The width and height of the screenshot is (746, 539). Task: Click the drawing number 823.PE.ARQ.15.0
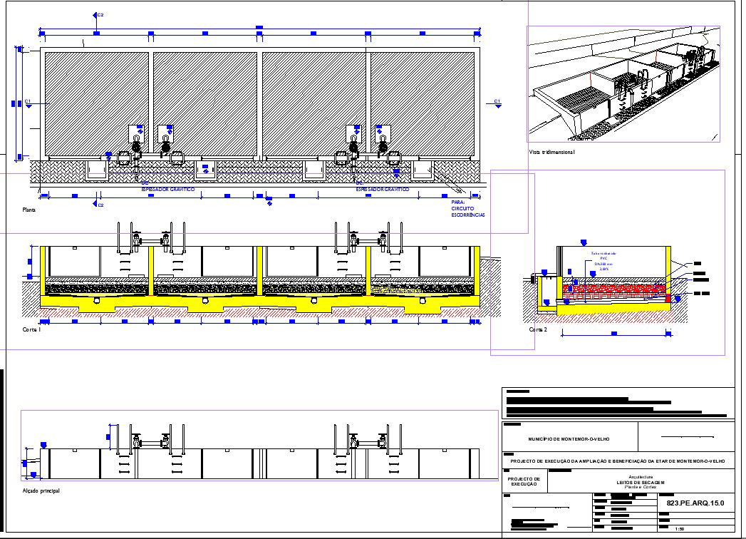(695, 503)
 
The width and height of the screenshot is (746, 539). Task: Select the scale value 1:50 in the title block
(680, 529)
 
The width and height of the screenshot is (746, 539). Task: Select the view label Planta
(29, 210)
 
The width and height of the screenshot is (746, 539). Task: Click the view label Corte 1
(31, 331)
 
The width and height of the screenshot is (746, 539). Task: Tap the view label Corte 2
(538, 331)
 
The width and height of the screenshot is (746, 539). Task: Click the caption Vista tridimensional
(551, 152)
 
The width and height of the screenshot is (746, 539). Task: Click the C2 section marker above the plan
(98, 14)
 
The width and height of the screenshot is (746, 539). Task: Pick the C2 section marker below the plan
(98, 205)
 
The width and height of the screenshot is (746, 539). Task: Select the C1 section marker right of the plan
(497, 102)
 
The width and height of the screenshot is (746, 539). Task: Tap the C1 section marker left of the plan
(27, 102)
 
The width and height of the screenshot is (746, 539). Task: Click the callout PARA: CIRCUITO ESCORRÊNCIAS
(467, 208)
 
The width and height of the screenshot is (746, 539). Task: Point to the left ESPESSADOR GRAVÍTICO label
(167, 190)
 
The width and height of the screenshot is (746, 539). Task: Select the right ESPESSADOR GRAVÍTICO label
(383, 190)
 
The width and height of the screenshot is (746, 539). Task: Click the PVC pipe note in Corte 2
(603, 261)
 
